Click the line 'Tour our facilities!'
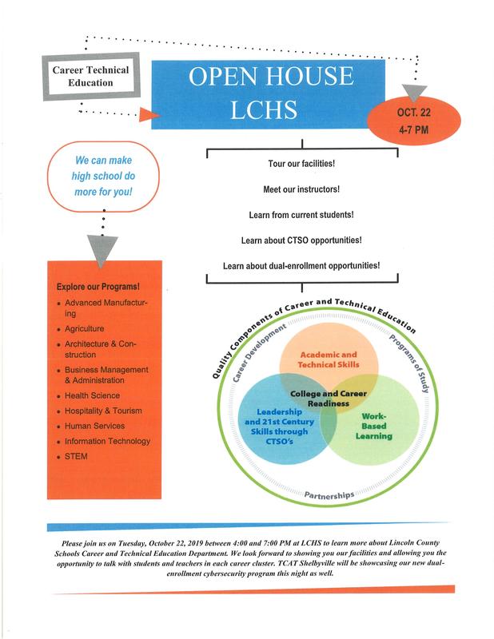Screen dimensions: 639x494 [301, 164]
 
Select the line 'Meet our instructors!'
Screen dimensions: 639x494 [301, 189]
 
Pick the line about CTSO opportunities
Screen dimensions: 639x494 [301, 240]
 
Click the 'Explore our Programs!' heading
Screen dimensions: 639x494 [98, 287]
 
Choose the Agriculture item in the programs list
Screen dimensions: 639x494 [84, 328]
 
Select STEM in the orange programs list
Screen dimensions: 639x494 [78, 456]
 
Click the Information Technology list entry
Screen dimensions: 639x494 [107, 441]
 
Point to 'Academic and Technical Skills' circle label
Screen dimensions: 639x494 [329, 359]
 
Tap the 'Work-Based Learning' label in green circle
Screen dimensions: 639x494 [373, 426]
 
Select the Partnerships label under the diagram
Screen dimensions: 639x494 [329, 495]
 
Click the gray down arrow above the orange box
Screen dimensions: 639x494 [104, 249]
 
